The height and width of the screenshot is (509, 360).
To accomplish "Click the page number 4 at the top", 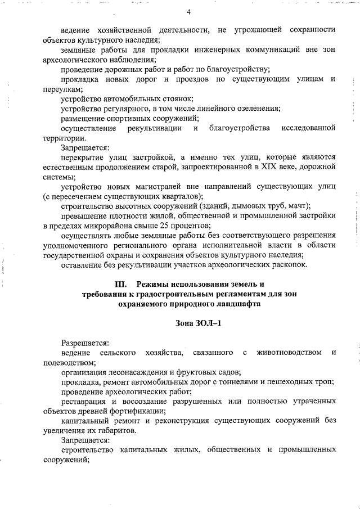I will pyautogui.click(x=188, y=12).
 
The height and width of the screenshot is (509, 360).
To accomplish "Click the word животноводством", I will pyautogui.click(x=289, y=353).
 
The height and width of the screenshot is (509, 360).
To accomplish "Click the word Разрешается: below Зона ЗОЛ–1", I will pyautogui.click(x=85, y=343).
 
